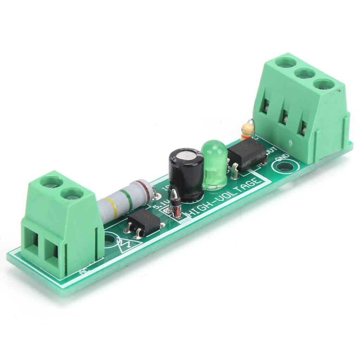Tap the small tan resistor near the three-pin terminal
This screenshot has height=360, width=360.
tap(247, 131)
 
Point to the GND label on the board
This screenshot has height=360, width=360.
tap(282, 157)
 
